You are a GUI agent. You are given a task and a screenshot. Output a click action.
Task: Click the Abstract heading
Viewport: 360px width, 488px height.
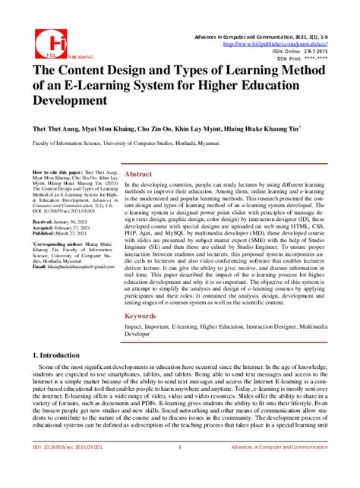(x=140, y=174)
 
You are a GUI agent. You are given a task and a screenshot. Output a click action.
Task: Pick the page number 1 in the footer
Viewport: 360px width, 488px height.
(x=178, y=468)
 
